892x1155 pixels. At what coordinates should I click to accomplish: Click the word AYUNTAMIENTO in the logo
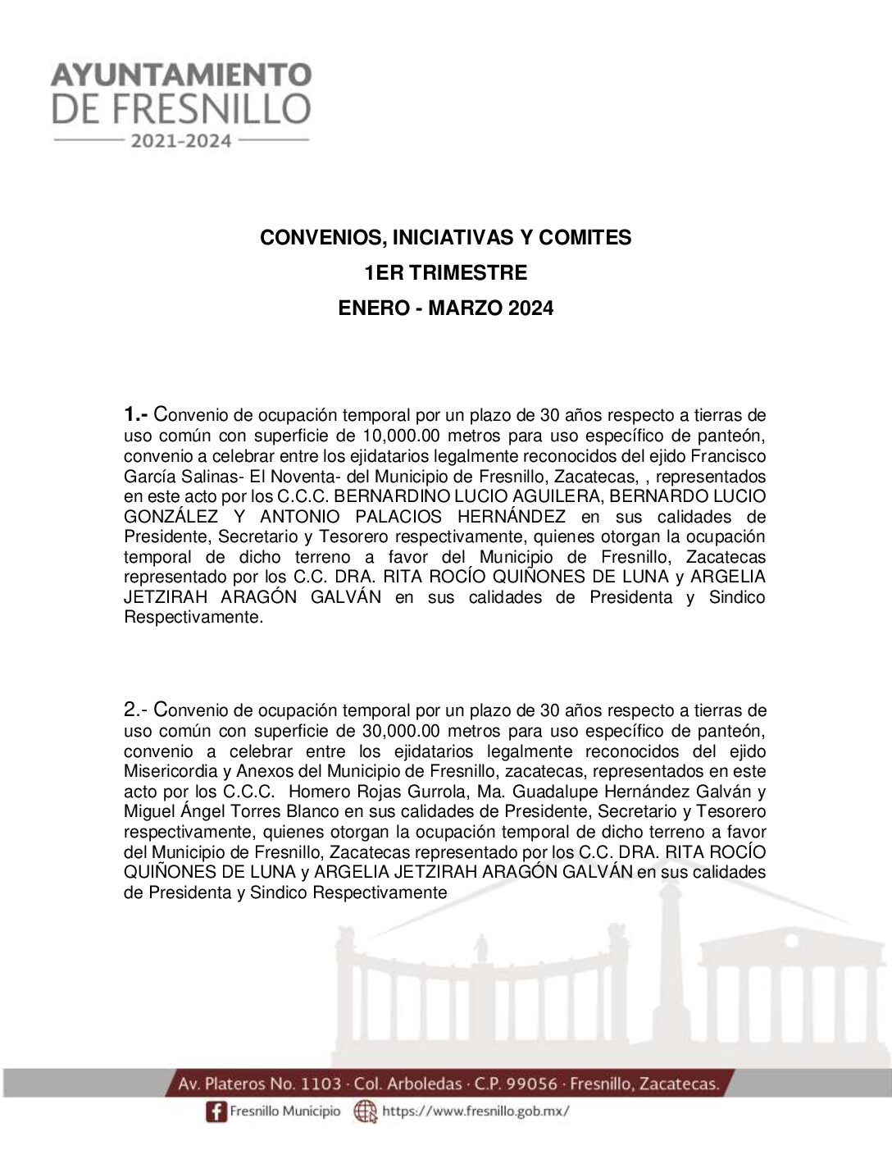pyautogui.click(x=181, y=75)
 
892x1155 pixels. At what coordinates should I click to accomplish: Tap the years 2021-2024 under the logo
pyautogui.click(x=181, y=141)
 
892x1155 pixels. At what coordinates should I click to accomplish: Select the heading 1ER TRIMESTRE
pyautogui.click(x=445, y=272)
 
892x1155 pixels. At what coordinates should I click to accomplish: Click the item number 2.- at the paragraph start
pyautogui.click(x=135, y=710)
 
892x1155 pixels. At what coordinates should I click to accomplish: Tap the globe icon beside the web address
pyautogui.click(x=364, y=1112)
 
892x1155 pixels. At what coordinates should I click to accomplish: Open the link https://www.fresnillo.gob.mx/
pyautogui.click(x=476, y=1112)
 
